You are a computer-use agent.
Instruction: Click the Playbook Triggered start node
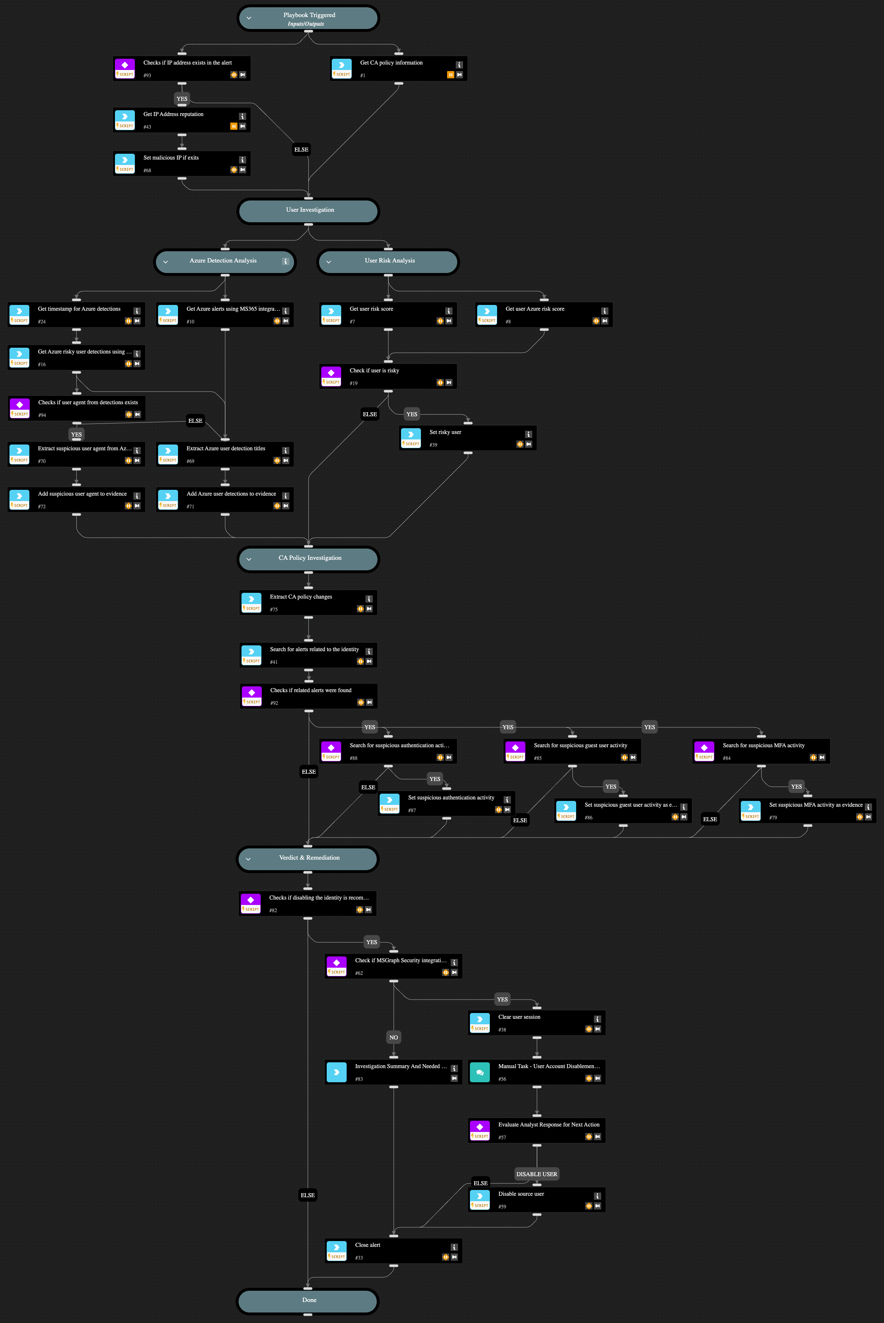pyautogui.click(x=309, y=18)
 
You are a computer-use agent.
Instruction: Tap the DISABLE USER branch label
pyautogui.click(x=537, y=1174)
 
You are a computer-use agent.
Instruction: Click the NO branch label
pyautogui.click(x=393, y=1037)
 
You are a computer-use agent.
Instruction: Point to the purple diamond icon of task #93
pyautogui.click(x=125, y=65)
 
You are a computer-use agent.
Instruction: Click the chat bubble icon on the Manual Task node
pyautogui.click(x=480, y=1072)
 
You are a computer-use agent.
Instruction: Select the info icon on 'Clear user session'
pyautogui.click(x=597, y=1019)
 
